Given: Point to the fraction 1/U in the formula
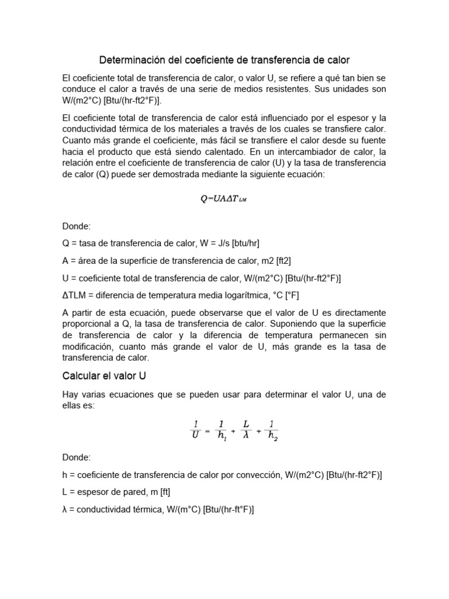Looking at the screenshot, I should click(x=195, y=429).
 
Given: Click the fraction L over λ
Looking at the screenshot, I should click(x=246, y=429).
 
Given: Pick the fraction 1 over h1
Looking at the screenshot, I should click(x=221, y=429).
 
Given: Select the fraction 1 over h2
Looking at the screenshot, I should click(x=272, y=430).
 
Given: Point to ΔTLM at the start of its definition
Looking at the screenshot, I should click(x=74, y=295).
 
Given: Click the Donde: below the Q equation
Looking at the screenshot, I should click(x=76, y=226).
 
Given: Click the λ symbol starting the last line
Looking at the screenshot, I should click(x=65, y=510).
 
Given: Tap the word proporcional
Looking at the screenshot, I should click(x=87, y=323).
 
